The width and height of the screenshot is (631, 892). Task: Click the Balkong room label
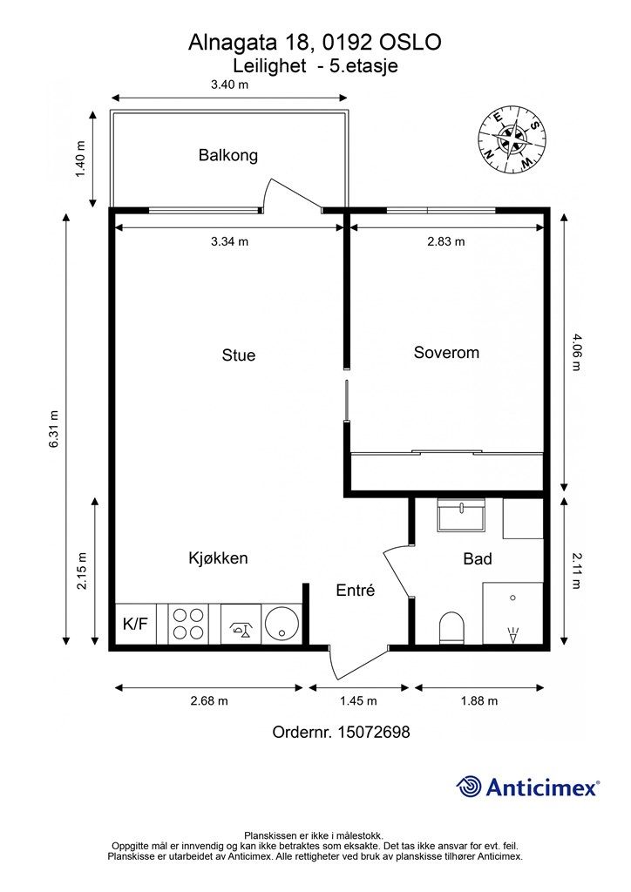227,155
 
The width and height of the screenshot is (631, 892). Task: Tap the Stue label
239,355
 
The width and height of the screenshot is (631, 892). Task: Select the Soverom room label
446,353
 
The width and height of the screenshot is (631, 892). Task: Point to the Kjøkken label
218,558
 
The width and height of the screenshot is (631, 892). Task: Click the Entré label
355,590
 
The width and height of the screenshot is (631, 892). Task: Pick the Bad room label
478,558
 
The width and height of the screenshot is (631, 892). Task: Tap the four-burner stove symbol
187,624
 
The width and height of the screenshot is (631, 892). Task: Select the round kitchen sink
282,624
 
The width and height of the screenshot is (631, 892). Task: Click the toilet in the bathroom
452,628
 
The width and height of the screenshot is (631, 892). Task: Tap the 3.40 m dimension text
230,84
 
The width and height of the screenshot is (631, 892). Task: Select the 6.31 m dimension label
54,429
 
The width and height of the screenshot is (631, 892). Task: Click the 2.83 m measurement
446,241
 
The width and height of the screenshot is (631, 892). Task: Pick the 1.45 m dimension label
358,701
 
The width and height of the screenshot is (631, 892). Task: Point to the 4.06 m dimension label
576,353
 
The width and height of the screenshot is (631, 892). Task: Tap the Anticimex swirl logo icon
469,787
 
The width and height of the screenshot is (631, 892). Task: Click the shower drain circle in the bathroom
512,598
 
